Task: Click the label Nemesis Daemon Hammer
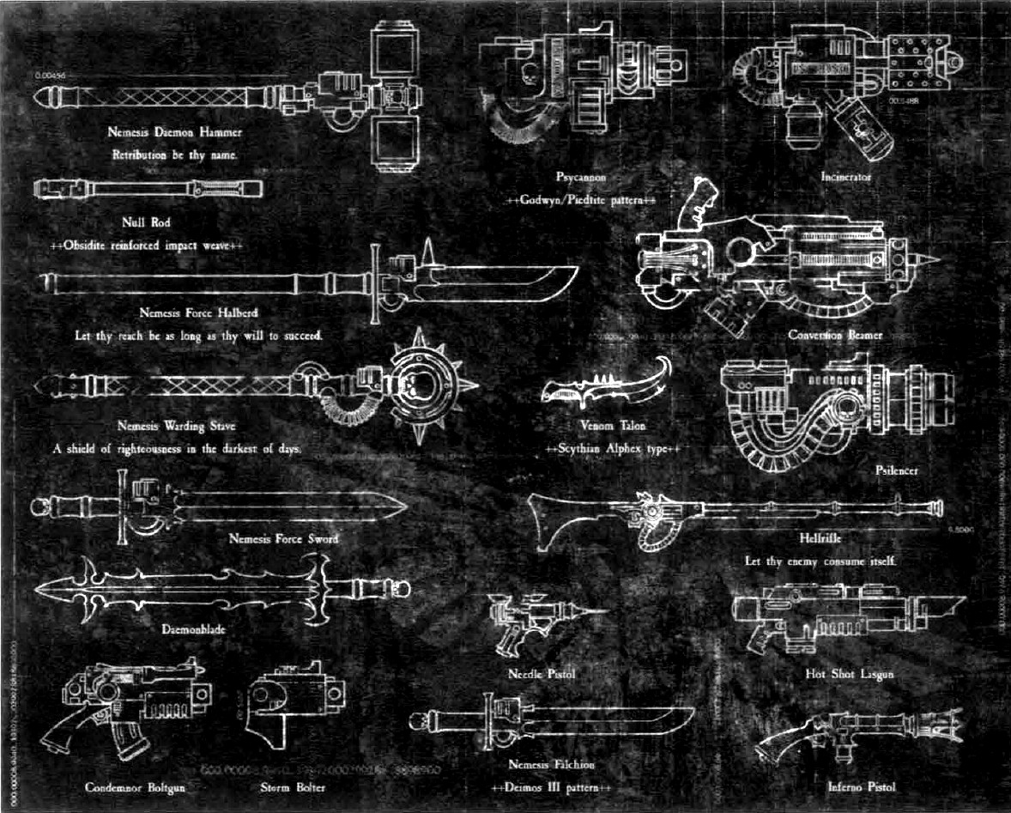175,132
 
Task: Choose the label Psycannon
581,177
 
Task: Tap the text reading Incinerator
845,177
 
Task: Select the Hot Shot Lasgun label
850,674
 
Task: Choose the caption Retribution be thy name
175,155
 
